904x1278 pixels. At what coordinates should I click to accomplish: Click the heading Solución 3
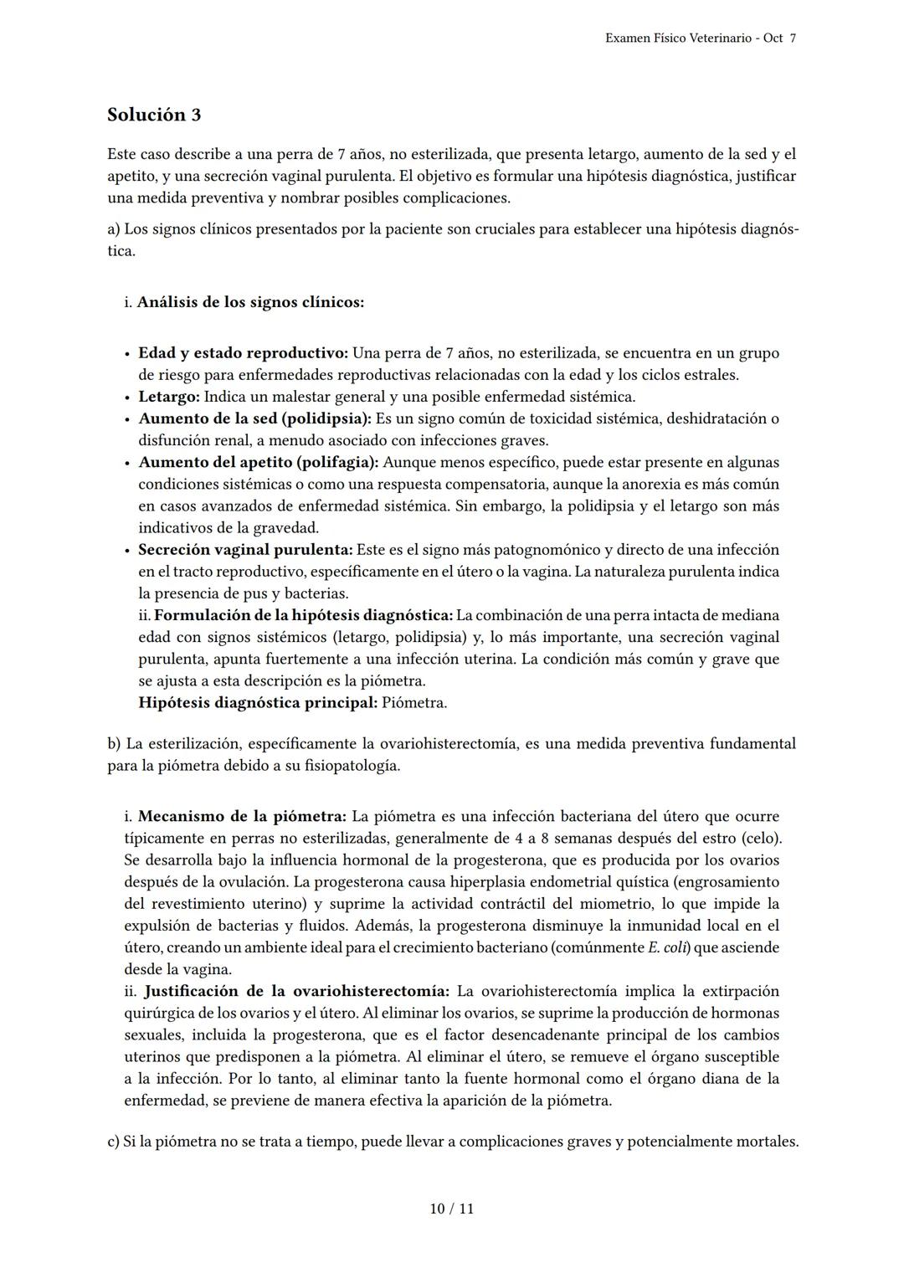[154, 115]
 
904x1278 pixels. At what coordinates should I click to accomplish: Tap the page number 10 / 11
[451, 1209]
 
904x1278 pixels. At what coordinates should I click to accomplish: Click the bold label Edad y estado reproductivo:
[243, 353]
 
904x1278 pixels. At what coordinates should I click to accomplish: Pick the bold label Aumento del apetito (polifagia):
[259, 462]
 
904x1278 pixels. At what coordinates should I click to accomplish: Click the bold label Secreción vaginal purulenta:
[245, 550]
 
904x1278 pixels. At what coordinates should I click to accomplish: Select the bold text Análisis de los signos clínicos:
[250, 302]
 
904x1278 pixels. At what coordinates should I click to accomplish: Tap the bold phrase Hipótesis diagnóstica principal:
[258, 703]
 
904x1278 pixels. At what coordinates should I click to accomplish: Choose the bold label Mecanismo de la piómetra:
[242, 816]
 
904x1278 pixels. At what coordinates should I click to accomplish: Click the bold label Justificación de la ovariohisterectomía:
[296, 991]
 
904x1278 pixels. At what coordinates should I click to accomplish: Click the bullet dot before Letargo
[126, 398]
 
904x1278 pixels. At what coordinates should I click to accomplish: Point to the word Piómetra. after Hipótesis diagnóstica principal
[414, 703]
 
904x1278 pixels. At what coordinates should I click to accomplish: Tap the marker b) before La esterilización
[114, 743]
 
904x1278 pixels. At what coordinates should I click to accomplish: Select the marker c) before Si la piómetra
[113, 1142]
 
